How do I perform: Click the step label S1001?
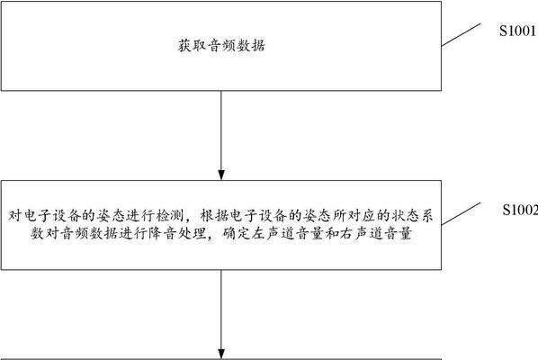click(x=517, y=31)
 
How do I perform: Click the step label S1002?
click(x=520, y=210)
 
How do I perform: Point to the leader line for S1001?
click(x=461, y=35)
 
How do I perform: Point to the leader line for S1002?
click(x=461, y=214)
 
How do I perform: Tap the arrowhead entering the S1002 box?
click(x=221, y=175)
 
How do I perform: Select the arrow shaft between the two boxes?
click(x=221, y=130)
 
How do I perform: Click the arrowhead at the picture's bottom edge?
click(x=221, y=355)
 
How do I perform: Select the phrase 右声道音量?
click(x=375, y=234)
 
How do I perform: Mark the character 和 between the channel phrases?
click(x=332, y=234)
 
